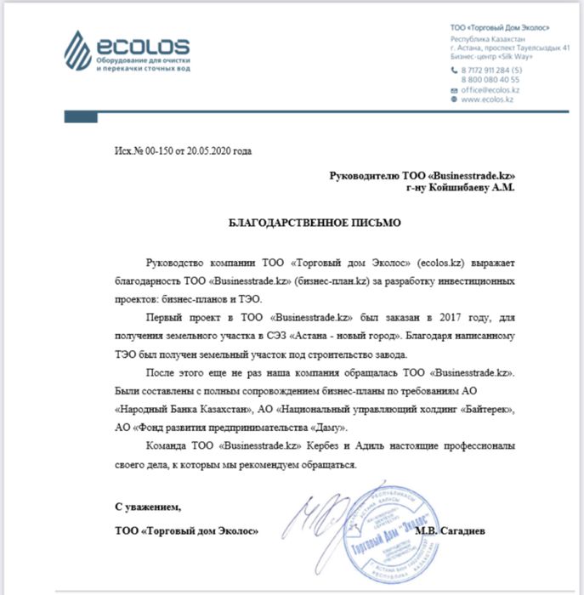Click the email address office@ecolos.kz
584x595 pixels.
[490, 89]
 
